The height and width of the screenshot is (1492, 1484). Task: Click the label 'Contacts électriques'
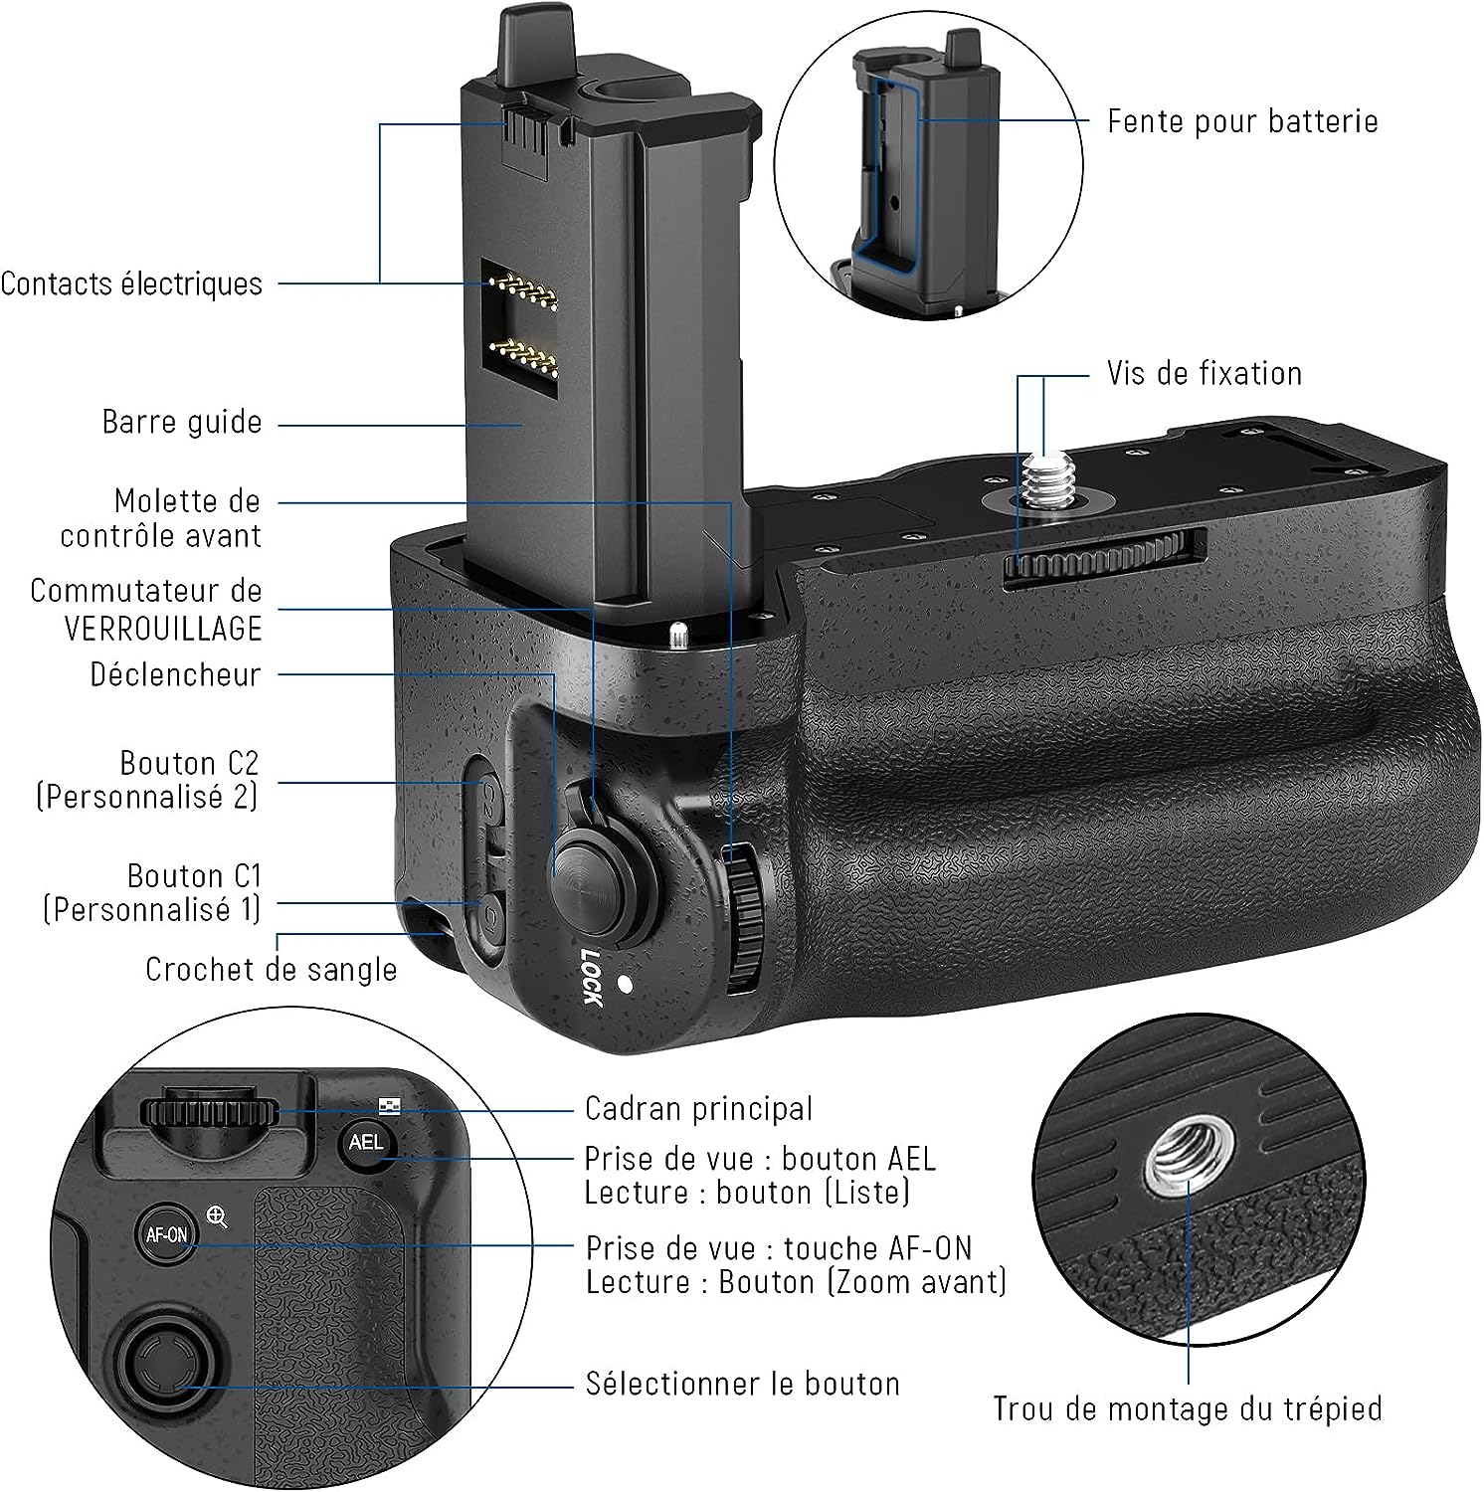click(x=131, y=284)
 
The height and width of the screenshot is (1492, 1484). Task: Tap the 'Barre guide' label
click(x=182, y=422)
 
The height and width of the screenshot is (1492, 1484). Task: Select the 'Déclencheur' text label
click(x=175, y=674)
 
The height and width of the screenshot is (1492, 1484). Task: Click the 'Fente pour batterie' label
click(x=1242, y=121)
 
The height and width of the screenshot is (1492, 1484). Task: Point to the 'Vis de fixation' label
click(x=1204, y=374)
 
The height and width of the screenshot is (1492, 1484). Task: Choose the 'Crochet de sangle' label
click(x=271, y=969)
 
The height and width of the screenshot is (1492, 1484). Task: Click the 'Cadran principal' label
click(x=698, y=1108)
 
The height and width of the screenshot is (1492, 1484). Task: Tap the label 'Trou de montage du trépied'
click(x=1187, y=1408)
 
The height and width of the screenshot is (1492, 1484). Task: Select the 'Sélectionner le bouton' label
click(x=742, y=1384)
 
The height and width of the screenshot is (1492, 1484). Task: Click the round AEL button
click(x=366, y=1142)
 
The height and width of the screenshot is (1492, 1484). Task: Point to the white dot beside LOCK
click(x=626, y=985)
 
